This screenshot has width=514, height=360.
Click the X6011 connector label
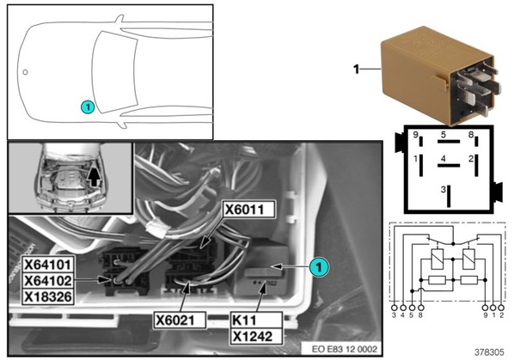248,210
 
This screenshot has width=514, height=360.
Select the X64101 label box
48,265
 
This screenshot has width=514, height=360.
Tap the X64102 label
48,281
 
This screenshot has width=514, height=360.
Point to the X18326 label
48,296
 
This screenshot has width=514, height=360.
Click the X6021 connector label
180,320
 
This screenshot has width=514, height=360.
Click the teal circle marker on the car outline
88,107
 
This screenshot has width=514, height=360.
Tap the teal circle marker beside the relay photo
319,267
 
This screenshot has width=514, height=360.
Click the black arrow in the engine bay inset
95,177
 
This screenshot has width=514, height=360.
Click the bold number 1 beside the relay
357,70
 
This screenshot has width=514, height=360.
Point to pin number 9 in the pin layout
415,135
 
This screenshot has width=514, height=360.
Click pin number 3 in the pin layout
444,189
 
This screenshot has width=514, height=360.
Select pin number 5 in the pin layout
444,135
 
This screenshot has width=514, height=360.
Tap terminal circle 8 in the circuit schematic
421,308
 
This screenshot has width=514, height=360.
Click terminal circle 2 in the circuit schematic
501,308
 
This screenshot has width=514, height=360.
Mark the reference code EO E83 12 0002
345,349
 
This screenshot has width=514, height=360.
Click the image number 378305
489,352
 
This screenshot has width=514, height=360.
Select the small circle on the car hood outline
25,72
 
